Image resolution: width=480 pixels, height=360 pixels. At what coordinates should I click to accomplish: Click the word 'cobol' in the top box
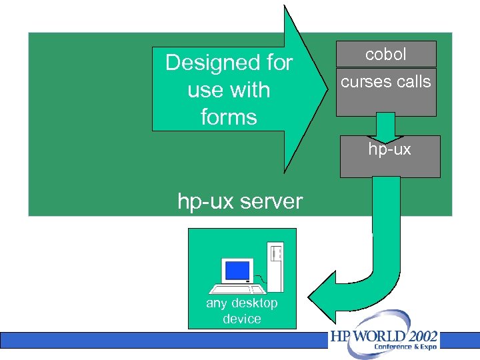(385, 55)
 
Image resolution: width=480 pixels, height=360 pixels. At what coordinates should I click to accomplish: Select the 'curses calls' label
(385, 82)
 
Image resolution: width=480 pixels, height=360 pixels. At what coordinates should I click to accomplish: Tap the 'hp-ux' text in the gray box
(390, 149)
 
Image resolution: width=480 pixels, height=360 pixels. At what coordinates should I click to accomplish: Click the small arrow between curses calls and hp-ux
(385, 126)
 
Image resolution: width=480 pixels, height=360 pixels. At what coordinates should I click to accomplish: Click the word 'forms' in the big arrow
(229, 117)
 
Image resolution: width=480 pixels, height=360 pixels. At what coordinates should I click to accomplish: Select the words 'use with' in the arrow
(229, 90)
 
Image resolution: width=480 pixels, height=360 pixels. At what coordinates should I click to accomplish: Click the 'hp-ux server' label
(240, 201)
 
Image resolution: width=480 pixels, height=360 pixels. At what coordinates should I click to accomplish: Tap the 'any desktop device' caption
(241, 311)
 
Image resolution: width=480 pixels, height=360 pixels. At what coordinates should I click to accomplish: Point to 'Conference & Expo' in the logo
(406, 347)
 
